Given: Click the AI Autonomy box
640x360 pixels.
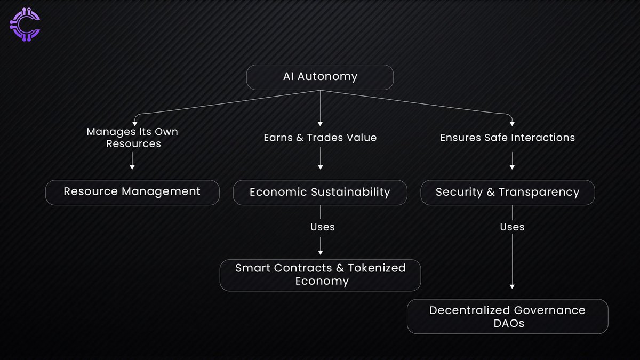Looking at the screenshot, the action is pyautogui.click(x=319, y=77).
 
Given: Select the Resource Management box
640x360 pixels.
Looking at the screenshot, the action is pyautogui.click(x=132, y=192).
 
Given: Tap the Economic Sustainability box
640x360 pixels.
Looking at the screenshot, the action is pyautogui.click(x=320, y=192).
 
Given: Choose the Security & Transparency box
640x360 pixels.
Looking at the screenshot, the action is pyautogui.click(x=507, y=192).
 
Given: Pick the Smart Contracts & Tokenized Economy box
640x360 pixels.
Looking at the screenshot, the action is pyautogui.click(x=320, y=275).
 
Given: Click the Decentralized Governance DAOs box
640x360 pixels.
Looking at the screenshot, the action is pyautogui.click(x=507, y=316).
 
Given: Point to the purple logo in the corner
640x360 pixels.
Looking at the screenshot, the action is pyautogui.click(x=25, y=25).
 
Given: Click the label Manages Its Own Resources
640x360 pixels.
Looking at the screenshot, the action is pyautogui.click(x=132, y=137).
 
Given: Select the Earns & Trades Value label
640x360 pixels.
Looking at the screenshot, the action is pyautogui.click(x=320, y=138).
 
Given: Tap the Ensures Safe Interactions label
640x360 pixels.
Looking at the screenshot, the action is pyautogui.click(x=507, y=138).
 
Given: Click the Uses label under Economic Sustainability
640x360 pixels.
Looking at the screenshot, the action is pyautogui.click(x=323, y=227).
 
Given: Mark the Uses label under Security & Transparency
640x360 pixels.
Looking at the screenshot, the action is pyautogui.click(x=512, y=227).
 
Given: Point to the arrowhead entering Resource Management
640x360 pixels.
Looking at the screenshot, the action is pyautogui.click(x=132, y=167).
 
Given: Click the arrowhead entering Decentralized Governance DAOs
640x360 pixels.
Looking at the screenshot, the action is pyautogui.click(x=512, y=286).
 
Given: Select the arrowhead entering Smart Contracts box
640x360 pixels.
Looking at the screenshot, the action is pyautogui.click(x=320, y=254).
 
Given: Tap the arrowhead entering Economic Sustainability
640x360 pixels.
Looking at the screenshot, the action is pyautogui.click(x=320, y=167).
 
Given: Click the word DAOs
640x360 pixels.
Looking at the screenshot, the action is pyautogui.click(x=507, y=323).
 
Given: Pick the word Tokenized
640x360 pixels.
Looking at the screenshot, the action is pyautogui.click(x=377, y=268).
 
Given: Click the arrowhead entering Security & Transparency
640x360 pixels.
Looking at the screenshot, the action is pyautogui.click(x=512, y=167).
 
